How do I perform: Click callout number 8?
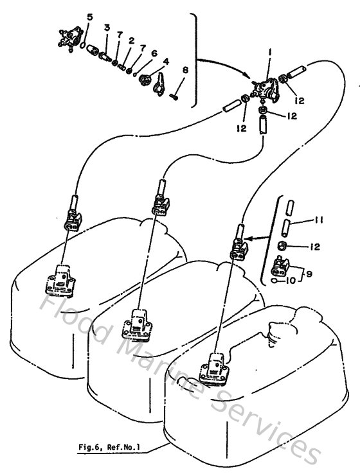coord(185,70)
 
